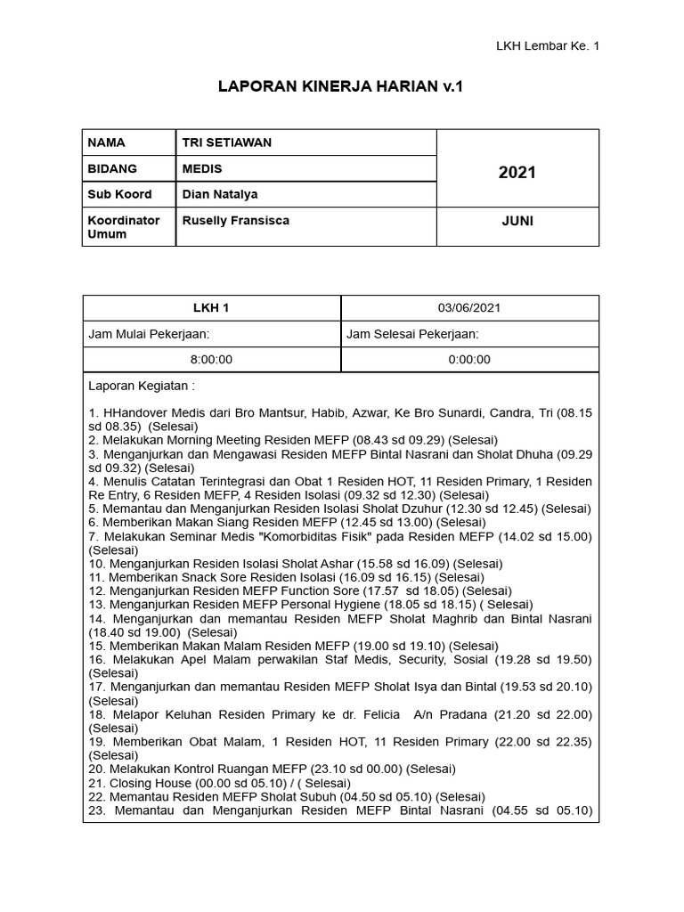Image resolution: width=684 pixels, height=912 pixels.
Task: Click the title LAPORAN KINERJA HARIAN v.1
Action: pos(341,87)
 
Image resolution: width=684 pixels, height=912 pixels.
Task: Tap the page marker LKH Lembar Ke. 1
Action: pos(548,46)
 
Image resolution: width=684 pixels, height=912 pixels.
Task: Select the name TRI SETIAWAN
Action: pos(227,142)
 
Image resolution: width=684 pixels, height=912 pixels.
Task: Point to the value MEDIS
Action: pos(202,168)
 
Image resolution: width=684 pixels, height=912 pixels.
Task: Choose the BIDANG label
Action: pos(112,168)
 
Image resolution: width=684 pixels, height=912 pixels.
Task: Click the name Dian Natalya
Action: pos(220,194)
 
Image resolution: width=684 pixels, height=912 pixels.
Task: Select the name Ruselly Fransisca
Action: pos(235,220)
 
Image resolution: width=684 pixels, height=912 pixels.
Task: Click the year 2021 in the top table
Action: pos(517,172)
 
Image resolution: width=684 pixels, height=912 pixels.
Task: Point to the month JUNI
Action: pos(517,221)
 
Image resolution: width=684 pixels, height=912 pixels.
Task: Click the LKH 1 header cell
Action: pos(211,308)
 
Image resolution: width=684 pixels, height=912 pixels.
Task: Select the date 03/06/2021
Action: pos(469,308)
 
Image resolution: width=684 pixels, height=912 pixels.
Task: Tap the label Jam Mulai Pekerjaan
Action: pos(149,334)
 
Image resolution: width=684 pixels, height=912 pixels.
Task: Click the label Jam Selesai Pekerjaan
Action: pos(412,334)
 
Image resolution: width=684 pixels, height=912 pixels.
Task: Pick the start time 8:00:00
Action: pos(211,360)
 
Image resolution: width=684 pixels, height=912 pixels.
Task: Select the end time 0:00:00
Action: pos(469,360)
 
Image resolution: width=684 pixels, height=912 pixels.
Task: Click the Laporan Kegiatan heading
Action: pos(142,387)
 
